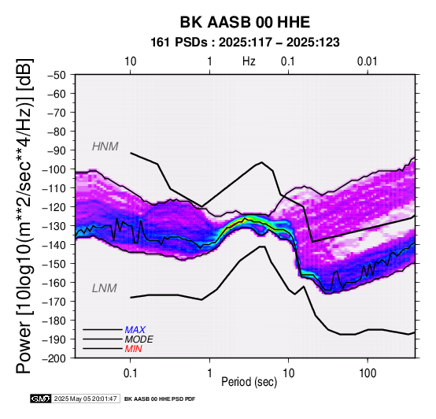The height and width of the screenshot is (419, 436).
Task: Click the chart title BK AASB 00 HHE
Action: (245, 22)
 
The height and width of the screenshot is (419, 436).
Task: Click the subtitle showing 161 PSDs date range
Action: (245, 43)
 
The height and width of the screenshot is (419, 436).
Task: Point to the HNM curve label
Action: (105, 146)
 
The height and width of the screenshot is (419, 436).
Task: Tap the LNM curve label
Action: (104, 288)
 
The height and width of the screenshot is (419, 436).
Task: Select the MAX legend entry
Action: (135, 330)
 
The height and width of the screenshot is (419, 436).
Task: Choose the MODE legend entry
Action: (139, 339)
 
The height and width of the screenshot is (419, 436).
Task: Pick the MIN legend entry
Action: (133, 349)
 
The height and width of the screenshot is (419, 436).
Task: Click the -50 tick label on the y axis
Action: (57, 75)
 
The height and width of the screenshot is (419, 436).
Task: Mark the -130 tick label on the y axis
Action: (54, 226)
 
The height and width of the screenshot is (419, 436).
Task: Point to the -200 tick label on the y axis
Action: (54, 358)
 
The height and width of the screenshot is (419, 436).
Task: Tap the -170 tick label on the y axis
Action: (54, 302)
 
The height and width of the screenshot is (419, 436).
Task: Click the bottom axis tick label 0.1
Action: (130, 373)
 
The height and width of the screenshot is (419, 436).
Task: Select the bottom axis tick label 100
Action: (368, 373)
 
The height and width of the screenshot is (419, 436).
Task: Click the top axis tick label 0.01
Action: (368, 61)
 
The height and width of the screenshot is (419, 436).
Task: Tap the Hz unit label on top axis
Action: (249, 61)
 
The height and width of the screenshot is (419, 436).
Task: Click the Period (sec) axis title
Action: (249, 382)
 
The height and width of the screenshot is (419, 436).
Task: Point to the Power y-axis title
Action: (24, 216)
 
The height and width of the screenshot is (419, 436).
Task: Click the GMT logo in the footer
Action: (41, 399)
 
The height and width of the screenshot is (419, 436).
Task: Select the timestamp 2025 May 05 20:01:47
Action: (85, 399)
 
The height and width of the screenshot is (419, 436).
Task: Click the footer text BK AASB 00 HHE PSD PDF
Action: (160, 399)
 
